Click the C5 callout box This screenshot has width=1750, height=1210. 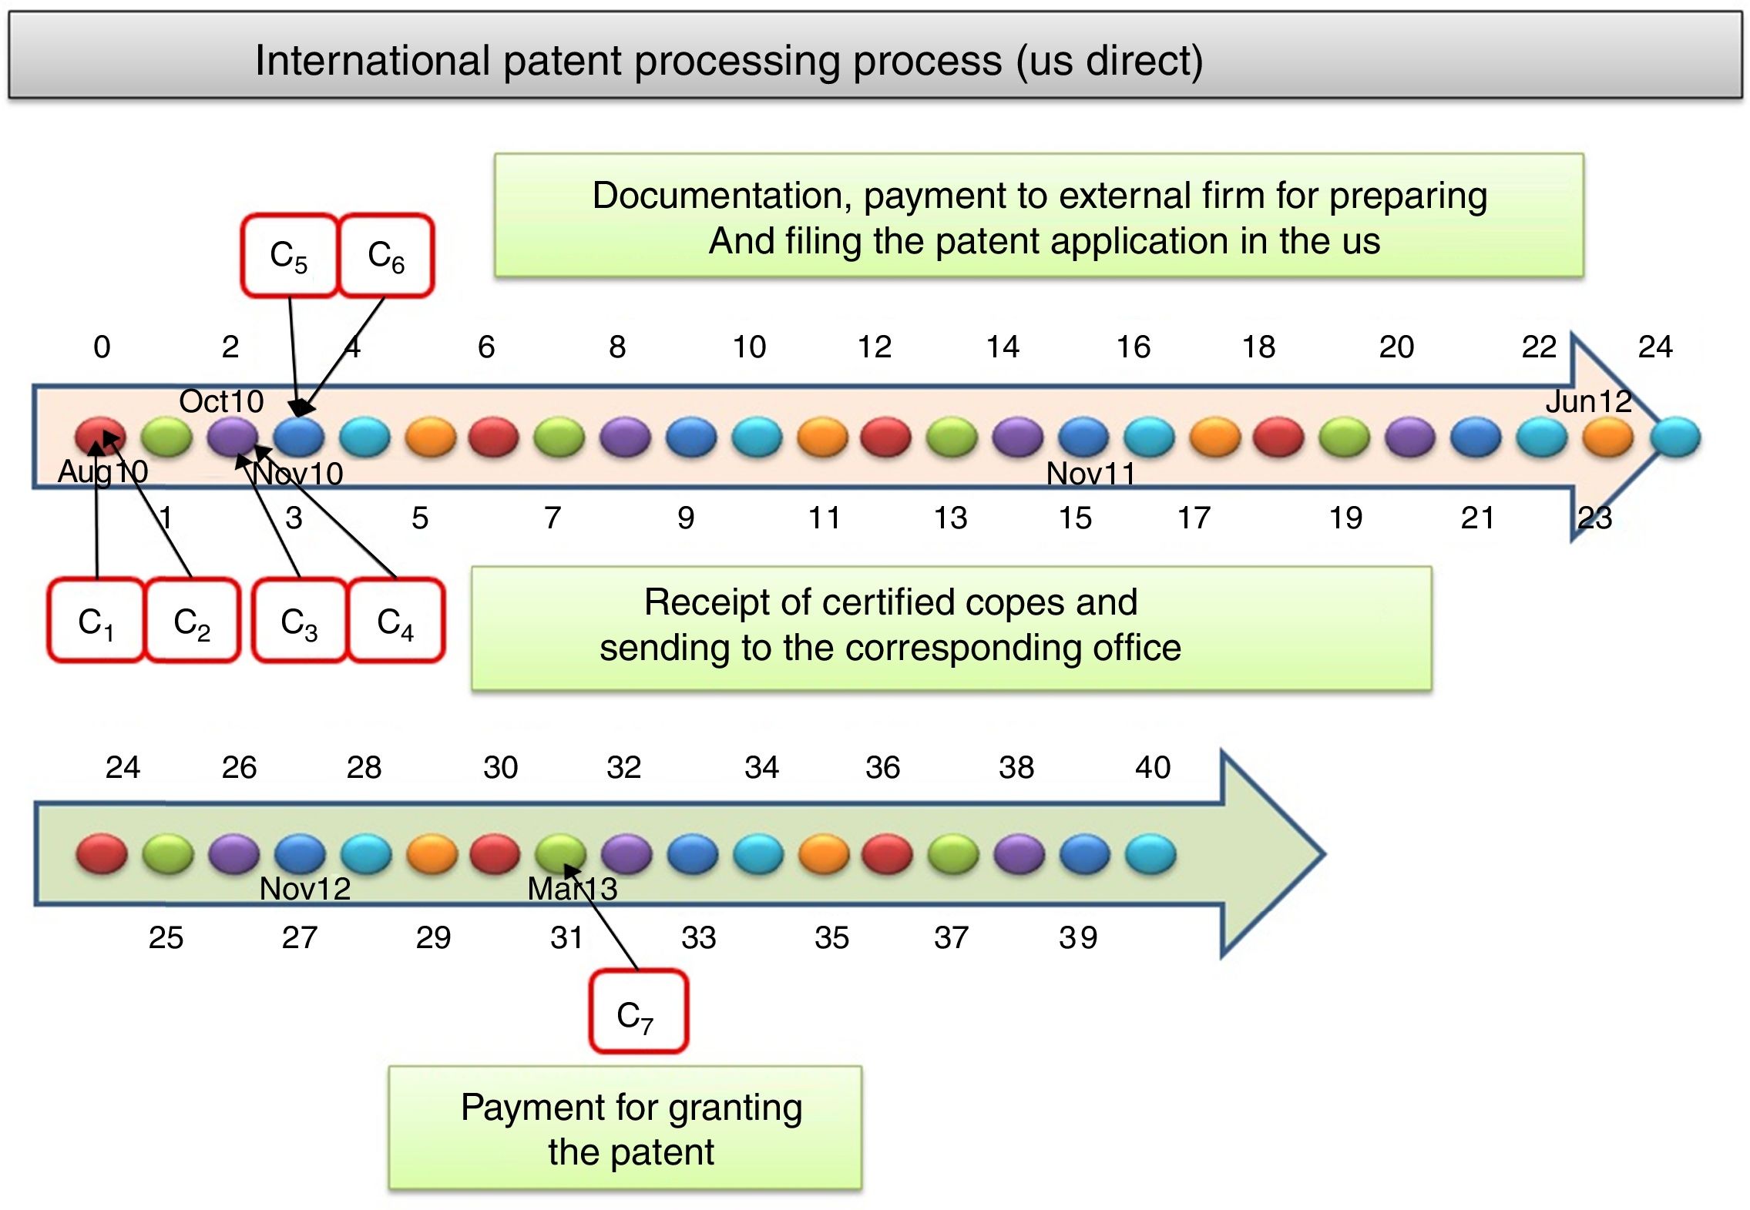[289, 256]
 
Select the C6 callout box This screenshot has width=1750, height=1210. [386, 256]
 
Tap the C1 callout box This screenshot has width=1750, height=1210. [96, 621]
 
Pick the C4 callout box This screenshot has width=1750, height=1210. [396, 621]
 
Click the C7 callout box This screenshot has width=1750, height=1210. [637, 1012]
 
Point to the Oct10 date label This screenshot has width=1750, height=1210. [221, 401]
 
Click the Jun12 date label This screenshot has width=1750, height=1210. [1588, 401]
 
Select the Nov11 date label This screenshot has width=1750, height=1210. [1090, 473]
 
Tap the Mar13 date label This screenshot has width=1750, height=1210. [572, 889]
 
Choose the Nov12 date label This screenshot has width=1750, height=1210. [305, 889]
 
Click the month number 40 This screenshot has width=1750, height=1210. [1153, 767]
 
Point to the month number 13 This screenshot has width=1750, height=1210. [950, 518]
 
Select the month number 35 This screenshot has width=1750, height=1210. [831, 937]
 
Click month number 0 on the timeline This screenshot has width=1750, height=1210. [102, 347]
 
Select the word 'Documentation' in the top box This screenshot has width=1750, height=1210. [721, 196]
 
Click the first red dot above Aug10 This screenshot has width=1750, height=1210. [100, 436]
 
